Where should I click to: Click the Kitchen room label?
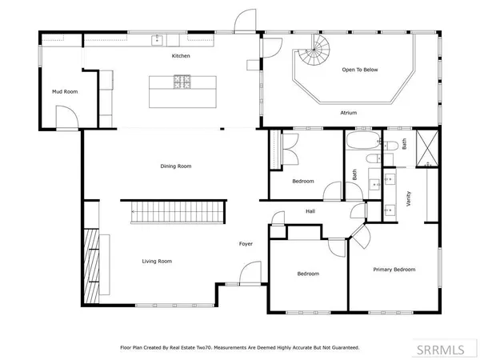181,56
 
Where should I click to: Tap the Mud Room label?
65,92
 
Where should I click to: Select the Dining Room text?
176,166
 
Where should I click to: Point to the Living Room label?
158,261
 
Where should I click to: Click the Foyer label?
246,243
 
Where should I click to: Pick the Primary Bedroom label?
394,270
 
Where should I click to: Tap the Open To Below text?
359,70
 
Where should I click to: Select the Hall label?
310,211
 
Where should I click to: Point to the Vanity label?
410,197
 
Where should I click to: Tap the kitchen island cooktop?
182,80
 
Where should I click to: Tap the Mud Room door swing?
70,118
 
